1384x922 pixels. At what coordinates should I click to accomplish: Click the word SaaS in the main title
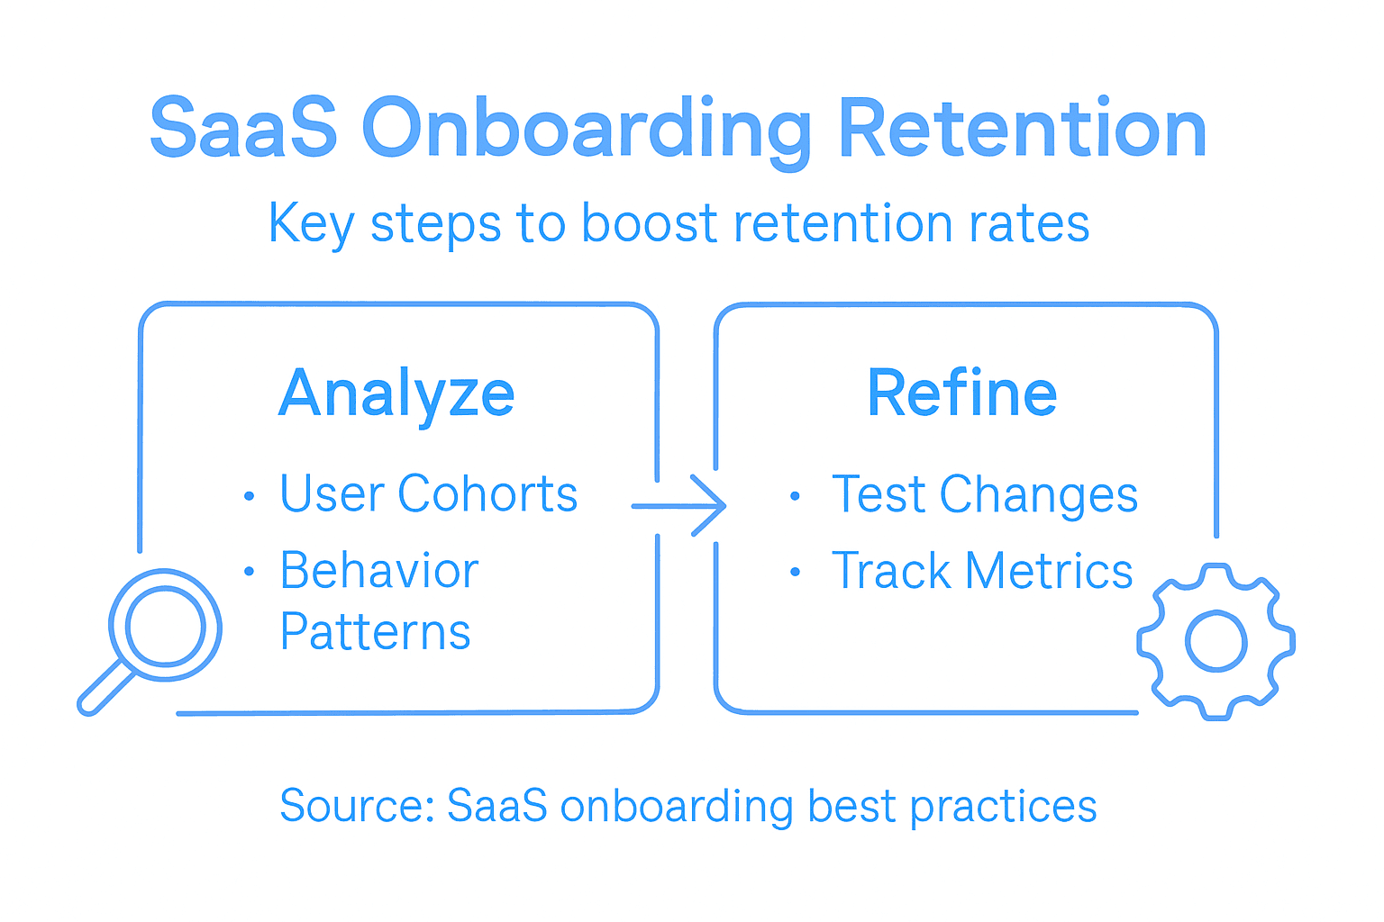pyautogui.click(x=243, y=129)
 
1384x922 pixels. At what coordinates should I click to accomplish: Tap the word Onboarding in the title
pyautogui.click(x=587, y=131)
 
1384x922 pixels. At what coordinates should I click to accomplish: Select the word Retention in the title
pyautogui.click(x=1022, y=129)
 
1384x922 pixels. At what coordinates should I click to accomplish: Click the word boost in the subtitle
pyautogui.click(x=649, y=222)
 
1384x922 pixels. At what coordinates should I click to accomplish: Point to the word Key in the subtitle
pyautogui.click(x=311, y=224)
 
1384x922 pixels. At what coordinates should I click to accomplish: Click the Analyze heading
pyautogui.click(x=396, y=394)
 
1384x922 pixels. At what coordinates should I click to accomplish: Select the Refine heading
pyautogui.click(x=961, y=393)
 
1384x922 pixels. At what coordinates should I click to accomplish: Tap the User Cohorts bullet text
pyautogui.click(x=428, y=494)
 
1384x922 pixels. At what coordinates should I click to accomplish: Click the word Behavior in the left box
pyautogui.click(x=378, y=571)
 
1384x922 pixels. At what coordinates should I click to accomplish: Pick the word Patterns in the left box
pyautogui.click(x=375, y=632)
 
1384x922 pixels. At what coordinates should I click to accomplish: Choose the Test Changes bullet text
pyautogui.click(x=984, y=495)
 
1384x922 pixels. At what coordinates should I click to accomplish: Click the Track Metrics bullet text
pyautogui.click(x=981, y=572)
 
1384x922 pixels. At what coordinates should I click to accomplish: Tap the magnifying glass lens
pyautogui.click(x=165, y=625)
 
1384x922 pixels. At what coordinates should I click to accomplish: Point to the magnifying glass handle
pyautogui.click(x=105, y=689)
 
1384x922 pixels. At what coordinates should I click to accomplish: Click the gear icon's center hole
pyautogui.click(x=1216, y=642)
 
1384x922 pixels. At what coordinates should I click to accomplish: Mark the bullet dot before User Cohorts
pyautogui.click(x=250, y=496)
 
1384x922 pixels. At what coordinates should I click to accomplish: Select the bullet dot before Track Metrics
pyautogui.click(x=795, y=573)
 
